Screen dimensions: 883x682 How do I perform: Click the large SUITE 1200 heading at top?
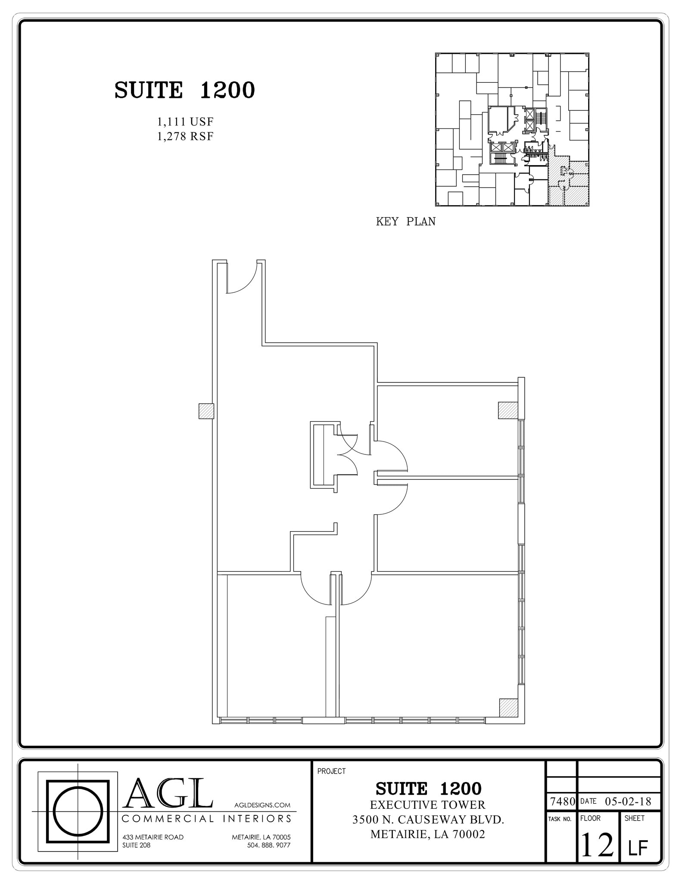(185, 91)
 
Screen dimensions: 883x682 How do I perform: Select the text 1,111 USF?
(185, 122)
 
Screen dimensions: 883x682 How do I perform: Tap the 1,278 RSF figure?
(185, 137)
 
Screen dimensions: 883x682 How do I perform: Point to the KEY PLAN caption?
(405, 222)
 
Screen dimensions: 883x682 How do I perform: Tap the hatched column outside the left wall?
(206, 411)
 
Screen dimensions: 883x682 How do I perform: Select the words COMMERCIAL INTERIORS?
(207, 818)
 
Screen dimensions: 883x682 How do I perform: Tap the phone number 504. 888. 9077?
(269, 845)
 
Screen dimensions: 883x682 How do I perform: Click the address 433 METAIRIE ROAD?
(153, 837)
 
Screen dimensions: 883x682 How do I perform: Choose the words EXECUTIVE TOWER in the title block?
(427, 805)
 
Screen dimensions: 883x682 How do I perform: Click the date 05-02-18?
(628, 802)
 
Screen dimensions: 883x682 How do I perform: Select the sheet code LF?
(638, 848)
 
